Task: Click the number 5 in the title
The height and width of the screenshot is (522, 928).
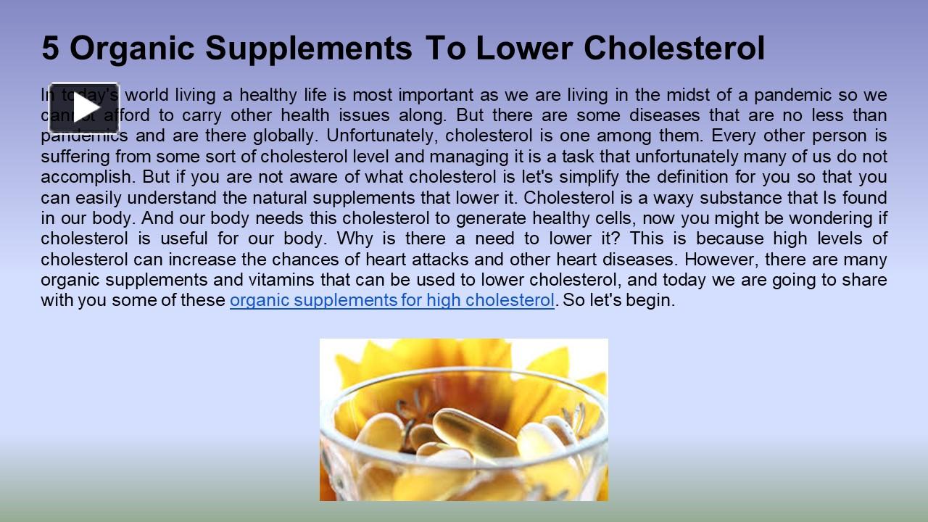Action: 50,49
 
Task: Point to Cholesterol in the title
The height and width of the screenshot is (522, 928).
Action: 674,49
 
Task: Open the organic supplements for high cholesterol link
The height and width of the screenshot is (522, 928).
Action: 391,300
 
